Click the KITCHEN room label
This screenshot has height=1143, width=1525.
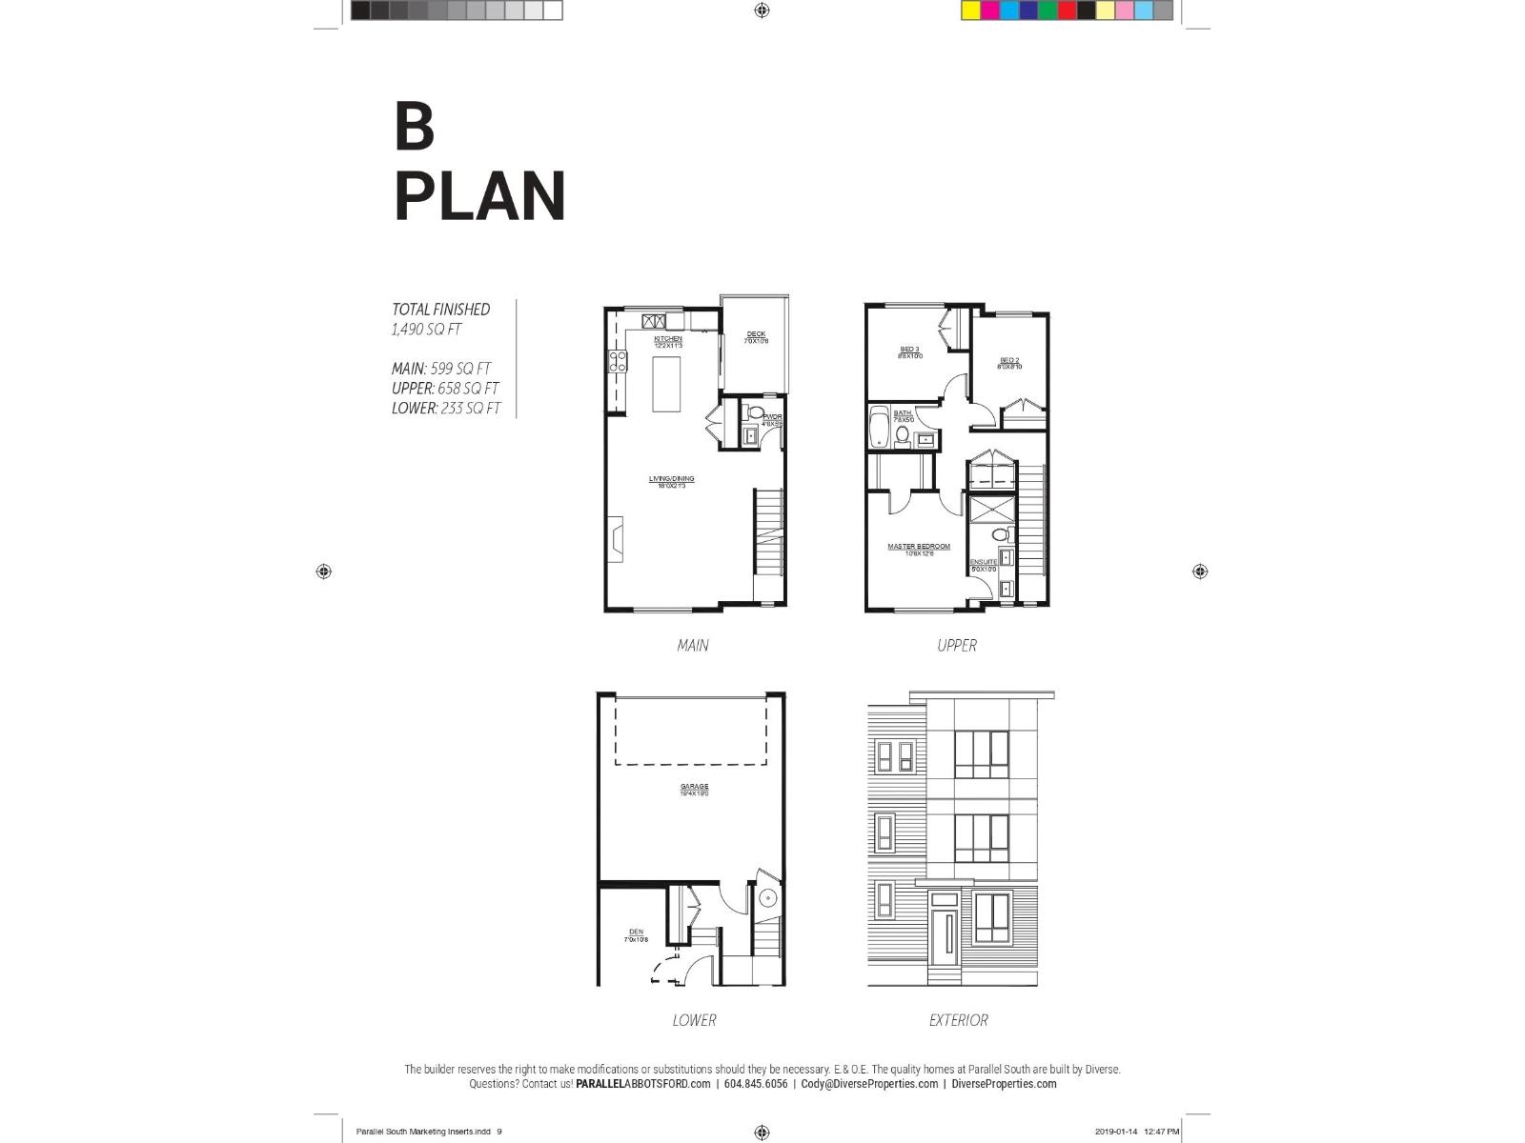(x=667, y=339)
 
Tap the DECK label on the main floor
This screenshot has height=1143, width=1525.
(x=756, y=334)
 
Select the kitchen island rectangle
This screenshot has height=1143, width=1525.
(x=666, y=382)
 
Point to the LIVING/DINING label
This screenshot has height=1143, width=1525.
(x=671, y=479)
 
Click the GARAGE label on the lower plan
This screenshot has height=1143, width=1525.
(x=694, y=787)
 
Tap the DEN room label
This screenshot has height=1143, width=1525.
(x=636, y=932)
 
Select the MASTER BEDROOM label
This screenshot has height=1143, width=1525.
(x=919, y=547)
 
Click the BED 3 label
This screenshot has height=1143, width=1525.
(x=909, y=350)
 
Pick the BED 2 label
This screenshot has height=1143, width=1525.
(x=1009, y=361)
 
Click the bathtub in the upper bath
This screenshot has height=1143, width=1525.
(x=879, y=427)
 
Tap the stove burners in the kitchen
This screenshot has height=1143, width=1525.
(x=618, y=361)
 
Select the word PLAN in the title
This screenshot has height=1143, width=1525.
(x=479, y=197)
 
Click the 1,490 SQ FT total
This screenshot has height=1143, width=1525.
(x=426, y=330)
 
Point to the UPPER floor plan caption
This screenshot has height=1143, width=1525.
(x=957, y=646)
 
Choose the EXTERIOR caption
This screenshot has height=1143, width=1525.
(x=958, y=1020)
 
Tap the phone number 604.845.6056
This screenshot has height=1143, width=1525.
(x=756, y=1084)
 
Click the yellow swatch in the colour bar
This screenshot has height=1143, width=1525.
(x=971, y=10)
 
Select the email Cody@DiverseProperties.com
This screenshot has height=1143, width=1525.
(x=868, y=1084)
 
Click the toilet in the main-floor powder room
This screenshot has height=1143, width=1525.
(x=757, y=413)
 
